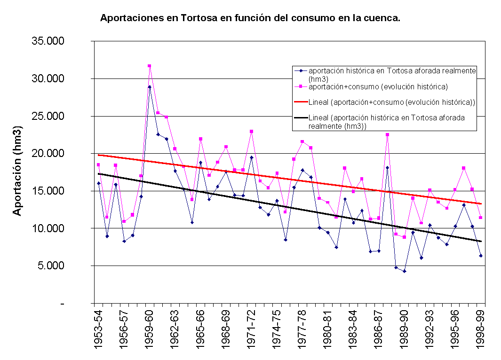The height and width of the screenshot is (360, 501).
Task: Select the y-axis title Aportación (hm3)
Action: pos(17,171)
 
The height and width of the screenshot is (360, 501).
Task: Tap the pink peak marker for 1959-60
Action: pos(150,66)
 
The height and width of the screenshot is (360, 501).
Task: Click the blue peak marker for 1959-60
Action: pos(150,87)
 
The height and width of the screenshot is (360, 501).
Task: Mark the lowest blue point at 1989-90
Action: pos(404,271)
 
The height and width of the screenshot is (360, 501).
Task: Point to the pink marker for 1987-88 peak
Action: pos(387,135)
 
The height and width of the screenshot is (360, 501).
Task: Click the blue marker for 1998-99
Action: pos(481,256)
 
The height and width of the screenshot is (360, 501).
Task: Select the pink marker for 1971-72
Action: pos(252,131)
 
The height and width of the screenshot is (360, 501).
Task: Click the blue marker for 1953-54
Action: pos(99,183)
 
